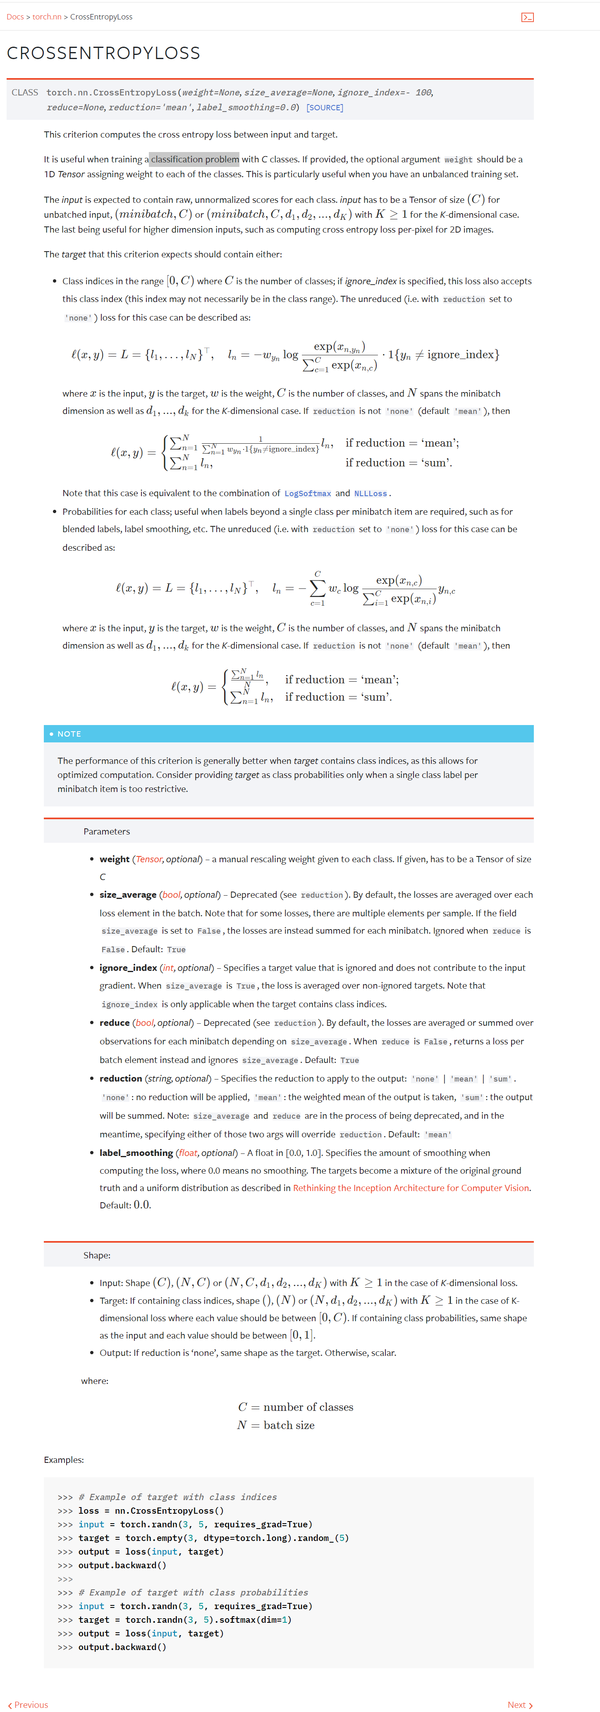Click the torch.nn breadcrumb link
click(x=47, y=17)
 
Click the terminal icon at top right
click(x=527, y=17)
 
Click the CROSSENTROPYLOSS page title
click(x=103, y=53)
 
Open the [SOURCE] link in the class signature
click(x=325, y=108)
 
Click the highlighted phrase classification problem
click(x=194, y=159)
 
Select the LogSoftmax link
click(x=307, y=494)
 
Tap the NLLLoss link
click(x=370, y=494)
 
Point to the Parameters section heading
click(x=106, y=831)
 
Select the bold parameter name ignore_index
click(x=128, y=968)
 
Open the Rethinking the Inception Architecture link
click(x=411, y=1188)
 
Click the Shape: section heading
click(x=96, y=1255)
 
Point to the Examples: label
click(x=64, y=1460)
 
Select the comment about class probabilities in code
click(x=193, y=1592)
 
